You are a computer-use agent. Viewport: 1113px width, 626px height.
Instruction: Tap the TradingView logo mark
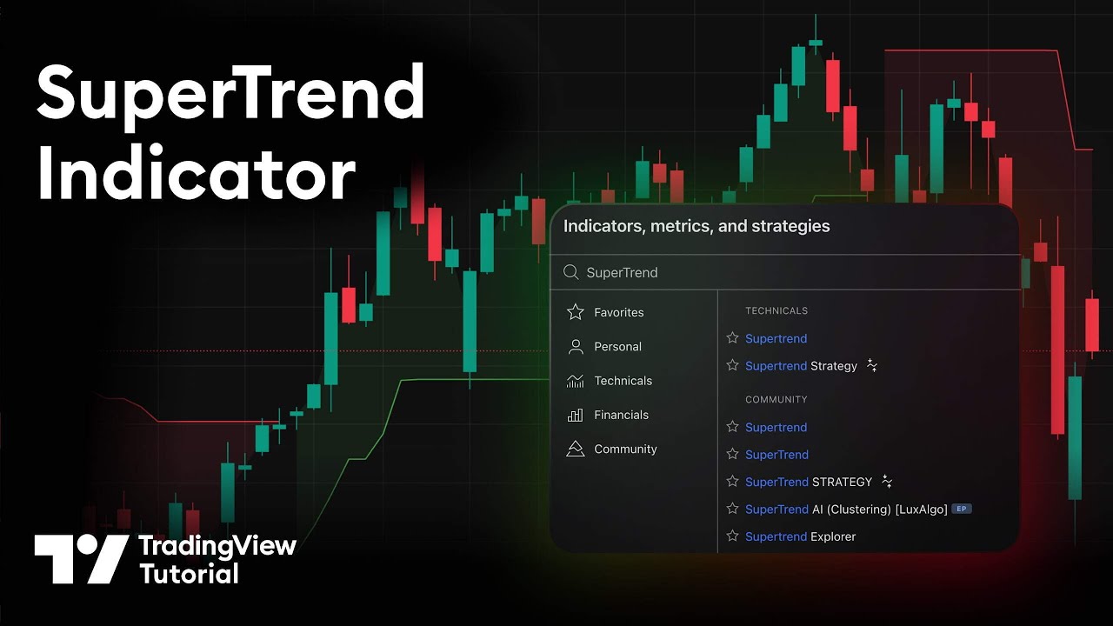click(x=81, y=558)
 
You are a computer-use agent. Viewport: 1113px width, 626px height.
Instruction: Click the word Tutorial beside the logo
click(x=189, y=573)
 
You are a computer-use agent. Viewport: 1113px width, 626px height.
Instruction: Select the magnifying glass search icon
click(x=571, y=272)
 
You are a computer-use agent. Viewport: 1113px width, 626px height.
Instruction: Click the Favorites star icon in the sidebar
click(x=576, y=312)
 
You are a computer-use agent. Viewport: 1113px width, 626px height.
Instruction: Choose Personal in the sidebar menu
click(x=617, y=346)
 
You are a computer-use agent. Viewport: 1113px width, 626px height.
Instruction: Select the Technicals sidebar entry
click(x=623, y=381)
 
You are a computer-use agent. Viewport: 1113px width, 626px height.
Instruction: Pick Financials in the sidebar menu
click(x=621, y=415)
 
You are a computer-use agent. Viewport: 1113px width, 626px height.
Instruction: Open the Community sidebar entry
click(x=625, y=449)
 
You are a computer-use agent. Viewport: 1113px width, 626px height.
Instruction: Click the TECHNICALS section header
click(x=776, y=310)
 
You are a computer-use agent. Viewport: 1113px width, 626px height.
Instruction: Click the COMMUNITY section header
click(x=776, y=399)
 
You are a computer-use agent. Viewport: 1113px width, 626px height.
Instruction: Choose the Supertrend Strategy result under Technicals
click(x=801, y=366)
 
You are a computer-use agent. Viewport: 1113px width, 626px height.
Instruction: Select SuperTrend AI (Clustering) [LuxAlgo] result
click(x=846, y=509)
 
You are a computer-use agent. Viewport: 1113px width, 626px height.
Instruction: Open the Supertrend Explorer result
click(x=800, y=536)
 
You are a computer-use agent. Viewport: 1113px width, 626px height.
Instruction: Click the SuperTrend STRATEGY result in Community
click(x=809, y=482)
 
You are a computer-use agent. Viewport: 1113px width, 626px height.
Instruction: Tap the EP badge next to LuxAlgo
click(x=961, y=509)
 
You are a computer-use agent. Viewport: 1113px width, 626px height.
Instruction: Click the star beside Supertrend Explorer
click(x=732, y=536)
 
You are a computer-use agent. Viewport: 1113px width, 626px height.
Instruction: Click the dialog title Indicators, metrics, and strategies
click(x=696, y=226)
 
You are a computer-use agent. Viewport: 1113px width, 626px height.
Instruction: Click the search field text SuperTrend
click(x=622, y=272)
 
